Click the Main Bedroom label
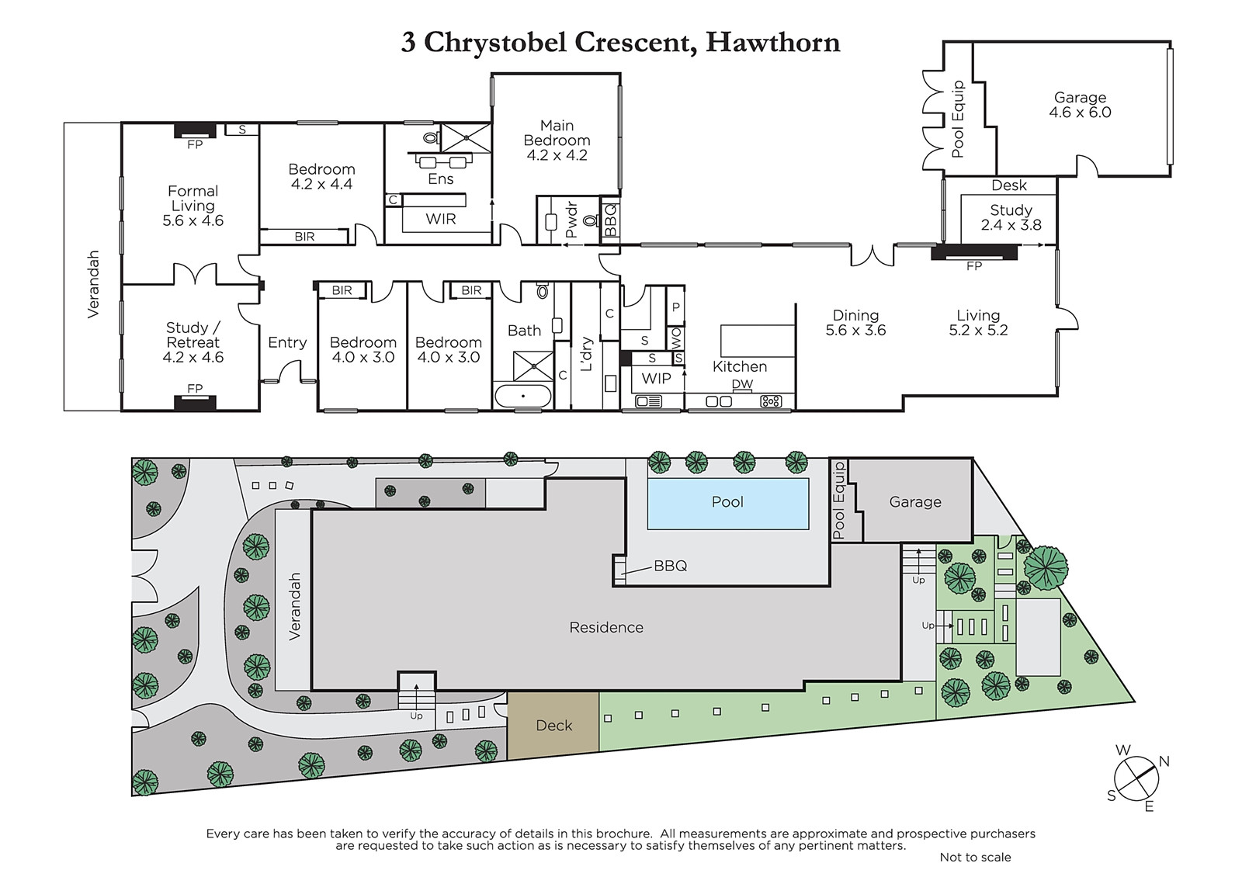[557, 140]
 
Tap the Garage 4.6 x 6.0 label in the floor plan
[1080, 105]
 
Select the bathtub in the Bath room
[523, 396]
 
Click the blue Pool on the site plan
[727, 504]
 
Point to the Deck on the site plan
[554, 726]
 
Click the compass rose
[1136, 778]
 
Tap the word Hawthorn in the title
[772, 43]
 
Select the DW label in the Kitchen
[742, 383]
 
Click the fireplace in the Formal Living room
[195, 131]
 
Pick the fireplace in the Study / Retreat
[195, 403]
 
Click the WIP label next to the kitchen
[657, 379]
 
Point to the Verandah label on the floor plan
[93, 284]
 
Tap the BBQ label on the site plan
[671, 566]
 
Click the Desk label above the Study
[1009, 185]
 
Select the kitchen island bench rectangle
[758, 341]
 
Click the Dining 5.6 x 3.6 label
[855, 323]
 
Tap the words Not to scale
[975, 857]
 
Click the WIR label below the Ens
[441, 219]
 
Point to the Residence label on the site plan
[606, 627]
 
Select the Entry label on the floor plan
[287, 342]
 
